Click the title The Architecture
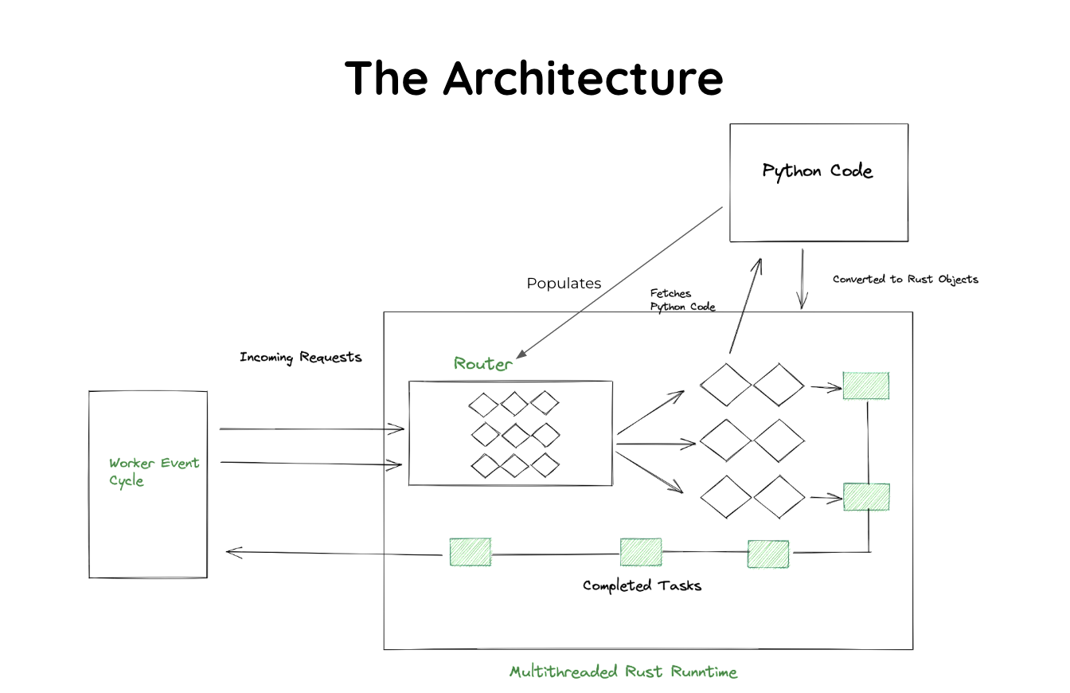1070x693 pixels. [x=534, y=78]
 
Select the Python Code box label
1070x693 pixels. [x=818, y=171]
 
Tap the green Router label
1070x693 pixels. [x=483, y=364]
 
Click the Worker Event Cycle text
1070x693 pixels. [x=154, y=472]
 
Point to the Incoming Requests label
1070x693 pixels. [x=301, y=357]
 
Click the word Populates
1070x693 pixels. [x=564, y=284]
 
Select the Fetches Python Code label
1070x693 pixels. [x=682, y=300]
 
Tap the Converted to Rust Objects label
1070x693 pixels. [x=905, y=280]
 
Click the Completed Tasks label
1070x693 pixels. [x=642, y=585]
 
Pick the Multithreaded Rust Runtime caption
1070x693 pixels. [x=623, y=671]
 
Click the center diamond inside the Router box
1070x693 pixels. [x=515, y=435]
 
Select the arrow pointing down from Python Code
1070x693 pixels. [x=802, y=279]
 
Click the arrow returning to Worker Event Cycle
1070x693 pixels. [x=334, y=551]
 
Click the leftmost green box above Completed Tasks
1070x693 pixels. [x=470, y=552]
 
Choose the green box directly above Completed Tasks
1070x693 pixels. [x=641, y=552]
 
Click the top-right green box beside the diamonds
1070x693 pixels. [x=866, y=386]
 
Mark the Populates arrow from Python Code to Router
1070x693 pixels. [x=621, y=281]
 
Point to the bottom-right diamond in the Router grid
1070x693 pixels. [x=545, y=465]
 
